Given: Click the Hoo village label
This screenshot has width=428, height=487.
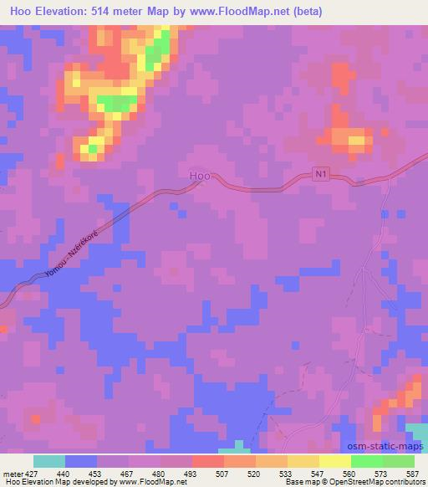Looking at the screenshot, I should [199, 176].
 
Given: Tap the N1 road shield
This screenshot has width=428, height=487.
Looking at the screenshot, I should [322, 172].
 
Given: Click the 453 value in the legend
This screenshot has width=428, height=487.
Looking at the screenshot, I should [96, 474].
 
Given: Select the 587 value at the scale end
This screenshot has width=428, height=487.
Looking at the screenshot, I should [414, 474].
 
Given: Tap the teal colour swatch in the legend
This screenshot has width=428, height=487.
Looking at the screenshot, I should [49, 461].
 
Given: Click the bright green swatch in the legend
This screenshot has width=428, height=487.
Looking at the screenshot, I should [367, 461].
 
